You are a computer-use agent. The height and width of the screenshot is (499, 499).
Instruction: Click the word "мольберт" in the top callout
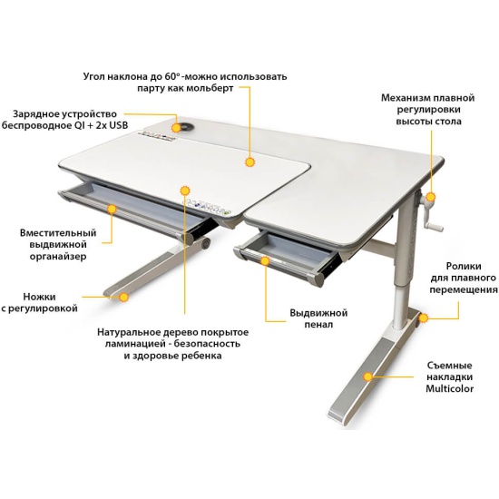click(x=210, y=88)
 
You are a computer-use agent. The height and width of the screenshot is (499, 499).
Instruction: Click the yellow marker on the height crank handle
click(x=431, y=197)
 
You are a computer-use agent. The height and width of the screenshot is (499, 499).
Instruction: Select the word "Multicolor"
click(x=449, y=388)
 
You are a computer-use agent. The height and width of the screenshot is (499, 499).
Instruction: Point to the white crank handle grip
click(x=435, y=227)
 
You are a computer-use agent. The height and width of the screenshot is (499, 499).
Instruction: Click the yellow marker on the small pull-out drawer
click(x=265, y=261)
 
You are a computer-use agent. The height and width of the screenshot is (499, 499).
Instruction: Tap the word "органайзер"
click(x=58, y=257)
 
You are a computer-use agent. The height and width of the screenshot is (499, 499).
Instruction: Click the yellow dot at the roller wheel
click(x=424, y=318)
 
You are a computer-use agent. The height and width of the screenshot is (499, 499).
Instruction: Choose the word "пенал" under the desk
click(x=318, y=324)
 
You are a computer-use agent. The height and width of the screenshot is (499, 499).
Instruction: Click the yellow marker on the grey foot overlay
click(x=368, y=377)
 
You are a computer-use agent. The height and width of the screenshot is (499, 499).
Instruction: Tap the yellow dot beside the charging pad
click(x=175, y=128)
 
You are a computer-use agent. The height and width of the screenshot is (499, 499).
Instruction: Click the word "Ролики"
click(x=464, y=266)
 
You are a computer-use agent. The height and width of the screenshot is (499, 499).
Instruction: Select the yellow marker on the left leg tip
click(x=123, y=298)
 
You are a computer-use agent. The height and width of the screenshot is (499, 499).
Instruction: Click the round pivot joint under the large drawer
click(x=207, y=243)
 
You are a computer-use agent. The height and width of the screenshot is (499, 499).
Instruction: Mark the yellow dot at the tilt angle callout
click(x=250, y=162)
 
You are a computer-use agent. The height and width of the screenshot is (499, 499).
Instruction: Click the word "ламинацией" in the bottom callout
click(x=137, y=344)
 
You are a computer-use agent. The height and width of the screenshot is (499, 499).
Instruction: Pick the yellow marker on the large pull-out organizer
click(x=112, y=209)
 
